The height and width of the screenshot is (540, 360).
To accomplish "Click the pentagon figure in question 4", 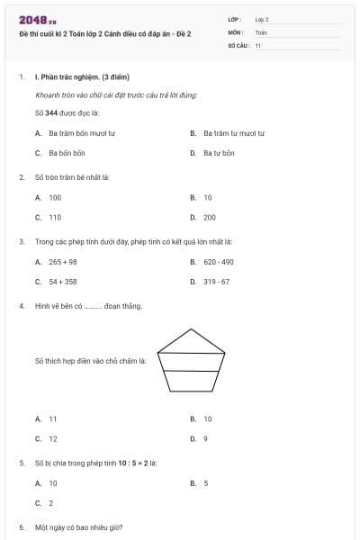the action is pyautogui.click(x=190, y=360).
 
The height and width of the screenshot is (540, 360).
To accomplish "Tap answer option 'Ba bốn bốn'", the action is pyautogui.click(x=67, y=153).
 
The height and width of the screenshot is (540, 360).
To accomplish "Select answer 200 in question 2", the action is pyautogui.click(x=210, y=217).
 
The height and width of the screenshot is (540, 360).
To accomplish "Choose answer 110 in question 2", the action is pyautogui.click(x=55, y=217).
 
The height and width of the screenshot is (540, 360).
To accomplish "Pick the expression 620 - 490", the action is pyautogui.click(x=219, y=262).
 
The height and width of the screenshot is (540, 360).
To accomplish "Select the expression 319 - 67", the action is pyautogui.click(x=216, y=282).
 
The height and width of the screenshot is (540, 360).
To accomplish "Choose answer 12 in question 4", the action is pyautogui.click(x=53, y=438).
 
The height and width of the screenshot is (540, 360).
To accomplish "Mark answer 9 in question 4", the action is pyautogui.click(x=205, y=438).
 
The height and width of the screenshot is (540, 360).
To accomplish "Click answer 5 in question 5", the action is pyautogui.click(x=205, y=483).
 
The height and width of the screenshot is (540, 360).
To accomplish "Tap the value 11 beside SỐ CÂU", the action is pyautogui.click(x=258, y=44).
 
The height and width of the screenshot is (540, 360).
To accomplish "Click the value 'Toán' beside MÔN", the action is pyautogui.click(x=260, y=31).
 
